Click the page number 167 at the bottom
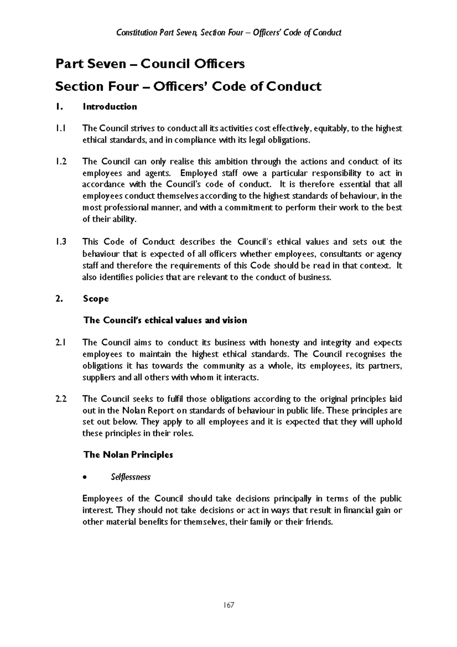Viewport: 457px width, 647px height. (x=228, y=605)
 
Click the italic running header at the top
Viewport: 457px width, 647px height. (x=228, y=32)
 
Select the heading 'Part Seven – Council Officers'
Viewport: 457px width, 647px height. (x=150, y=64)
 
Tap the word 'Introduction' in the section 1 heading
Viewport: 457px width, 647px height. (x=110, y=107)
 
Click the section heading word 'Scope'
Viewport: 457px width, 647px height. (x=96, y=299)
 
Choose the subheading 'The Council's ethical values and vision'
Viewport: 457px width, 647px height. (x=165, y=320)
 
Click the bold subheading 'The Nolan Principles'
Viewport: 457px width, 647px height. (x=128, y=455)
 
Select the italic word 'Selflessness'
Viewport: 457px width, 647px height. (x=130, y=477)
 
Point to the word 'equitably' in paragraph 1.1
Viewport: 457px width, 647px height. (x=330, y=129)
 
